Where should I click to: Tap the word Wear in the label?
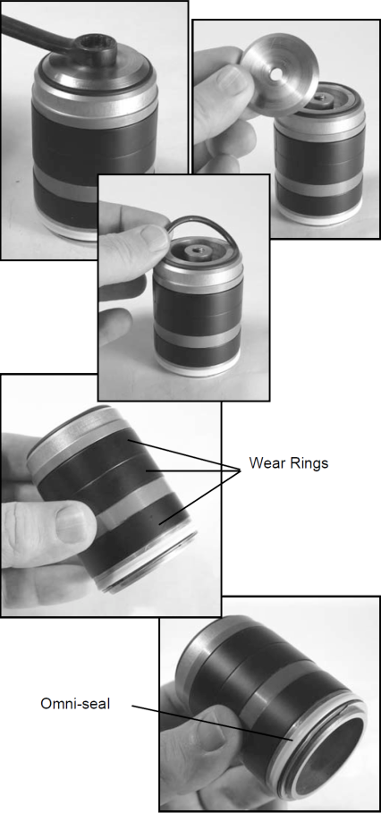coord(266,462)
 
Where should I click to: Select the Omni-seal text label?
coord(75,704)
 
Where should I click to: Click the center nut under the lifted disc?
coord(317,97)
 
